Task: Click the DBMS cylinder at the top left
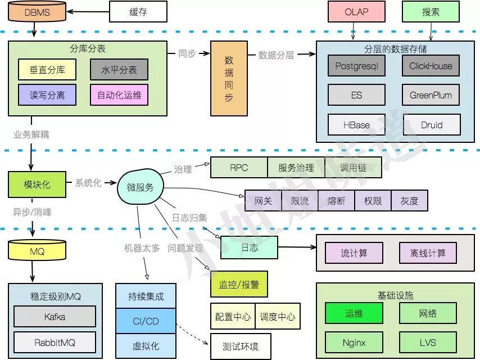37,12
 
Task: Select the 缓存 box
138,11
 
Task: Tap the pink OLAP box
356,11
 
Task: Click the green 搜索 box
431,11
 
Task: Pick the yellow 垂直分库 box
47,70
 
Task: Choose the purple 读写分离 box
47,95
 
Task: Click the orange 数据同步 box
229,78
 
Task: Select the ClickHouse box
431,66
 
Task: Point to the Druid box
431,125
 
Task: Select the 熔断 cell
336,201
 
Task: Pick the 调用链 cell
354,168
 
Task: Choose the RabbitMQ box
55,342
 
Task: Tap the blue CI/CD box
145,321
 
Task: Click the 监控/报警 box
239,284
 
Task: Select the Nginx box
354,342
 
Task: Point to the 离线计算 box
428,253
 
